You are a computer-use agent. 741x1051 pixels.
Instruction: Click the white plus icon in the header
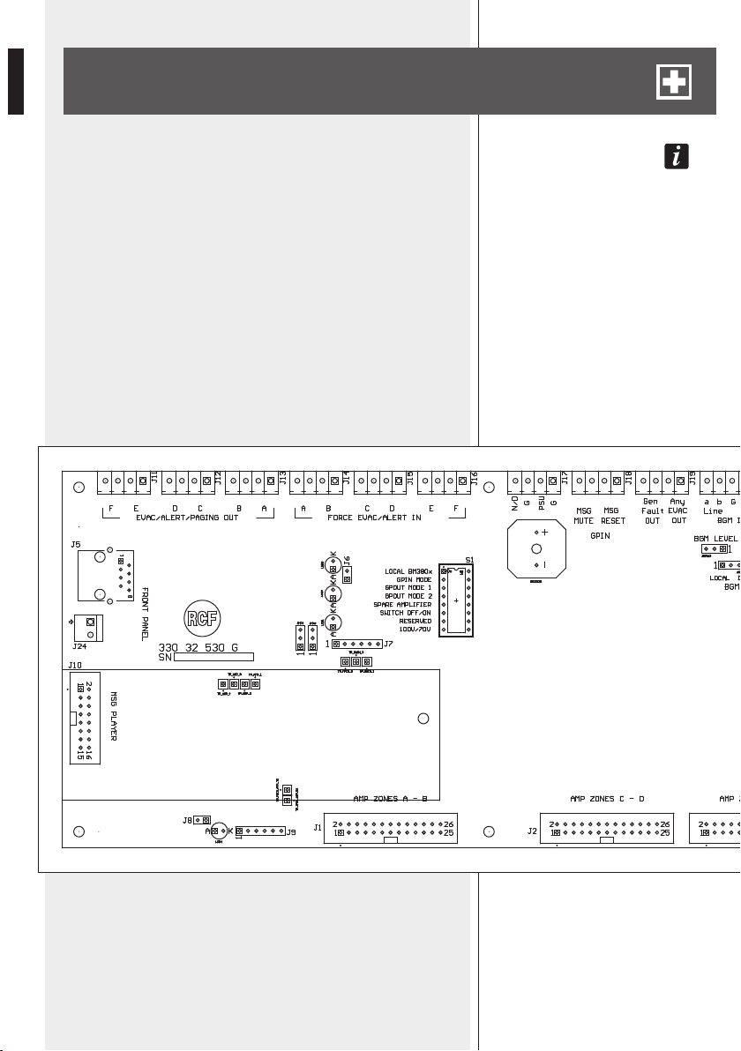point(674,82)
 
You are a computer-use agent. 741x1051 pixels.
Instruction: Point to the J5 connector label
point(76,544)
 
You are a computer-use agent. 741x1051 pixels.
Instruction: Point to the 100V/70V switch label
point(412,630)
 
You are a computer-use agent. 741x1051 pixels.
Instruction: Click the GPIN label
point(600,535)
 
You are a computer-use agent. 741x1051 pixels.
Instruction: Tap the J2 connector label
point(531,830)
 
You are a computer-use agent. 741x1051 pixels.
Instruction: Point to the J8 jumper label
point(187,819)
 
